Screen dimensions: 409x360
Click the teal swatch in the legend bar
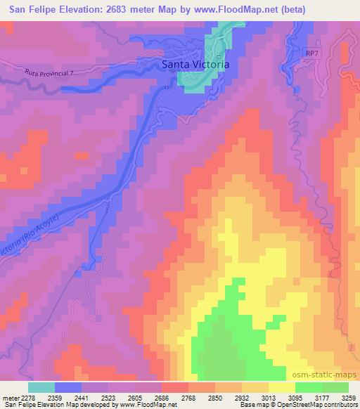[41, 387]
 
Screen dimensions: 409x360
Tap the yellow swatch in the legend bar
[282, 387]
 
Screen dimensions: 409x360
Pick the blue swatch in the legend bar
[68, 387]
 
